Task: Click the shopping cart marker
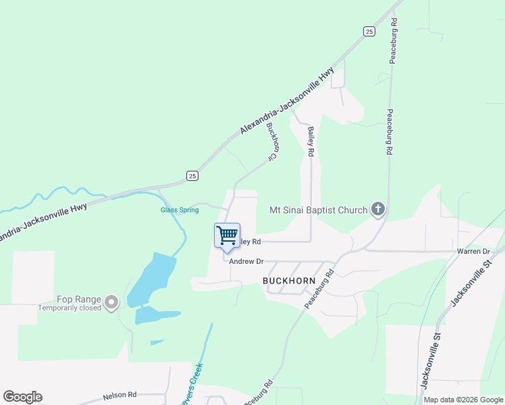pos(227,236)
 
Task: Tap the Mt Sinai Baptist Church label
pos(318,210)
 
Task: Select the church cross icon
pos(377,210)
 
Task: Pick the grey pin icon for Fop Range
pos(112,302)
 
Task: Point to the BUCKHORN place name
pos(289,279)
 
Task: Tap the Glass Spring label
pos(180,210)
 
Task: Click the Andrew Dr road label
pos(246,261)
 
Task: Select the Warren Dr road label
pos(473,252)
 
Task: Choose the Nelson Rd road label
pos(119,395)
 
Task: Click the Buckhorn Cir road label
pos(272,141)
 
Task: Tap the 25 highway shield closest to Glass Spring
pos(192,176)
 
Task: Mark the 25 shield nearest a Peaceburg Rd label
pos(368,31)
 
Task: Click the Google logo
pos(22,397)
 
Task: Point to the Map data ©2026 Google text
pos(463,400)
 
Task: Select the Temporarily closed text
pos(70,308)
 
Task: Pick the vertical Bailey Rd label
pos(311,142)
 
